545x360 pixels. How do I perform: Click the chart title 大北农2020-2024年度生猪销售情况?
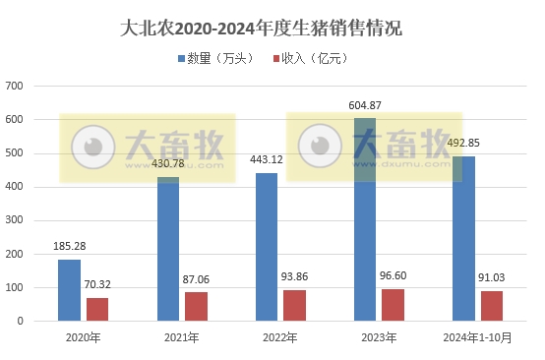pos(272,29)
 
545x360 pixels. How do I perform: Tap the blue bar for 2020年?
pos(70,289)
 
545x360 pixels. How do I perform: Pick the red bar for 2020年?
pos(97,309)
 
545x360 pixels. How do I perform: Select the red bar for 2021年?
pos(196,306)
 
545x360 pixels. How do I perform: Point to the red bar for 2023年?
pos(393,304)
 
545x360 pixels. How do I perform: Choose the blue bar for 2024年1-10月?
pos(463,238)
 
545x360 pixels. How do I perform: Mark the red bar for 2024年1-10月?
pos(491,305)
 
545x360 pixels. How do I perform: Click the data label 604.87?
pos(365,105)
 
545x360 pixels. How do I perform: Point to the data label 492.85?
pos(463,143)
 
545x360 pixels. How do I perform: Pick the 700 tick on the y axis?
pos(15,87)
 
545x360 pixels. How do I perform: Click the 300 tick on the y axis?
pos(15,220)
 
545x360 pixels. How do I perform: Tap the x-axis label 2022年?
pos(280,337)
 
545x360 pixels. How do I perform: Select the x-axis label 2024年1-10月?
pos(477,337)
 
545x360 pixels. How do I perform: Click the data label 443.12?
pos(267,159)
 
